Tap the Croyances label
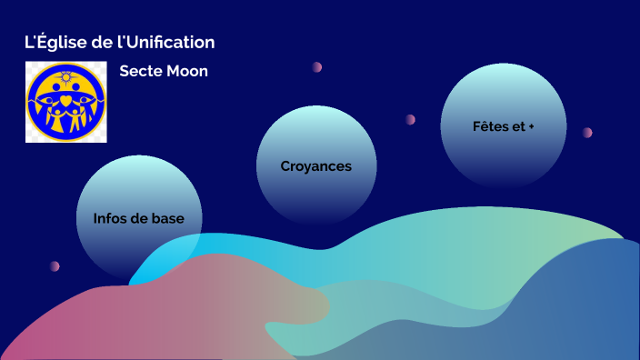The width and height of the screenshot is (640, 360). (x=315, y=166)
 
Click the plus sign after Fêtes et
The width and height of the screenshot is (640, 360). (x=531, y=126)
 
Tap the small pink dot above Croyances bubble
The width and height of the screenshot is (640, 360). (x=317, y=67)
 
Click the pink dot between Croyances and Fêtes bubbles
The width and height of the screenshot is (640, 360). (x=411, y=119)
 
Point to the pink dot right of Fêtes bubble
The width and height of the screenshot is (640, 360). (x=587, y=132)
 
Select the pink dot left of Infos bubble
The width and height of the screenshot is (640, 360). (x=55, y=266)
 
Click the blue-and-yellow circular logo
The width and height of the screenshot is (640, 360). (x=65, y=102)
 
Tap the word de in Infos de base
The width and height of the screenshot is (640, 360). (x=145, y=218)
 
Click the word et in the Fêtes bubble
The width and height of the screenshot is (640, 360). (x=519, y=126)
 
